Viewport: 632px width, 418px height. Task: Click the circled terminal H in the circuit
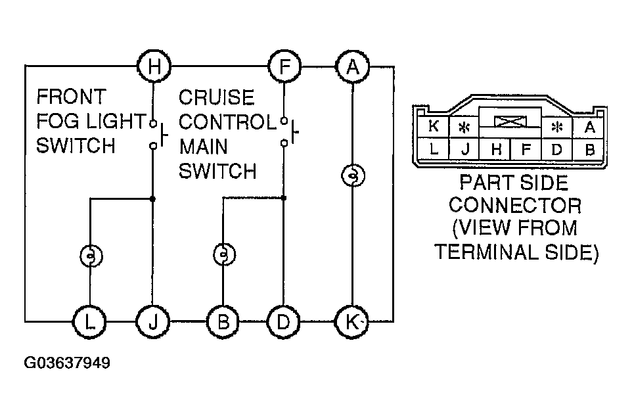153,66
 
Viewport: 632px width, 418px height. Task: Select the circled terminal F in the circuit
284,66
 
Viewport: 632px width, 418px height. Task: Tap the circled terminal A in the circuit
353,66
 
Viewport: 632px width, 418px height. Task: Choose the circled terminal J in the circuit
153,321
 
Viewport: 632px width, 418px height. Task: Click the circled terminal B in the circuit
223,321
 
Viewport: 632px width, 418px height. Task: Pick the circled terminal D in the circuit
284,321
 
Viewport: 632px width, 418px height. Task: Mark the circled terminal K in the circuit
353,321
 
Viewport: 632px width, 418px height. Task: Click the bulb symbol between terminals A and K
353,176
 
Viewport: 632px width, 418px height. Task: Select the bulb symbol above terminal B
223,254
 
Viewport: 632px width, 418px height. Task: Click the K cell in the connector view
434,127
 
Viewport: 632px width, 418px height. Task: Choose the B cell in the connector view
589,149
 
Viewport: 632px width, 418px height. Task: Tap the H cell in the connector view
497,149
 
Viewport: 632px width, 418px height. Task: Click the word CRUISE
216,97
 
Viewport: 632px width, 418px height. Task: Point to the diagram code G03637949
67,363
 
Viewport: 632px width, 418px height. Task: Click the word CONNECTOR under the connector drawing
516,206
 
